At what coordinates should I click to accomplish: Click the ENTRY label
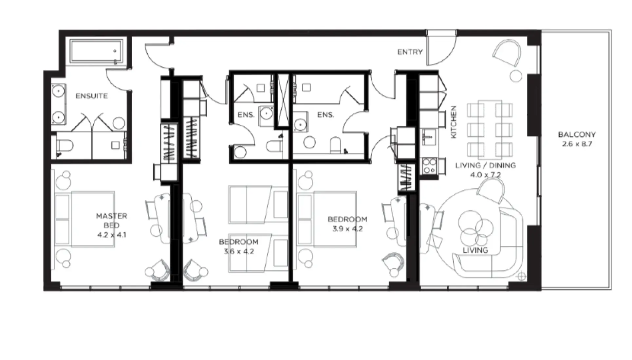click(410, 52)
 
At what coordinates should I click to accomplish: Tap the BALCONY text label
click(577, 134)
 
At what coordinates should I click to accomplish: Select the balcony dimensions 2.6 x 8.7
click(577, 144)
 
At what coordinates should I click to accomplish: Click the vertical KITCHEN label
click(454, 122)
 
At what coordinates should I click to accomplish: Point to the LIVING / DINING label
click(485, 165)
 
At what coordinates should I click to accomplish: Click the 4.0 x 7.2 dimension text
click(485, 175)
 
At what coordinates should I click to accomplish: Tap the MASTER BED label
click(111, 220)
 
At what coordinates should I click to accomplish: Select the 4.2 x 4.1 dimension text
click(111, 235)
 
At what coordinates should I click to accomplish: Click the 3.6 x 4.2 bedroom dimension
click(238, 251)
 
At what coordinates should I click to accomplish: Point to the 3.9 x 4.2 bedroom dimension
click(347, 229)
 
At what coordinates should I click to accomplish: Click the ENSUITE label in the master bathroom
click(91, 96)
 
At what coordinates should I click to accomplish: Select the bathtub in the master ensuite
click(97, 51)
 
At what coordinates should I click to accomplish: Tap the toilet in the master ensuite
click(65, 145)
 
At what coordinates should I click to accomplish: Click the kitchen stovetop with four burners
click(429, 166)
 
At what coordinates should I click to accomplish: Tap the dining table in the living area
click(490, 130)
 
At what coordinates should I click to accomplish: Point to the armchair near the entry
click(507, 54)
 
